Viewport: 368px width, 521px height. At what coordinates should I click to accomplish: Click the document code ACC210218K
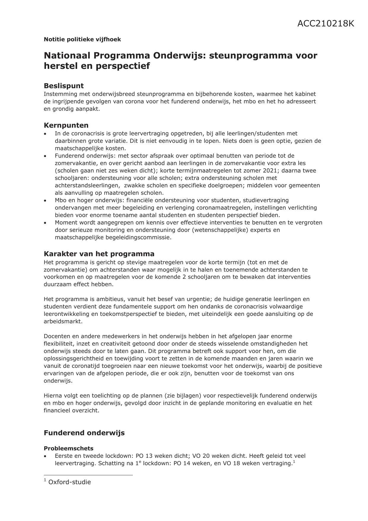(x=326, y=24)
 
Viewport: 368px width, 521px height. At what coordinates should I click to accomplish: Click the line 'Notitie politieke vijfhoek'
(x=82, y=39)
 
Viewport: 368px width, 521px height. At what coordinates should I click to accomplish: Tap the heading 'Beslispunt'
(x=63, y=86)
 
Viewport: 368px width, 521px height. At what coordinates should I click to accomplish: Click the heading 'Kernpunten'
(x=66, y=125)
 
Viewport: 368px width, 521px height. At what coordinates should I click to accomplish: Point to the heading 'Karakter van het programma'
(x=99, y=254)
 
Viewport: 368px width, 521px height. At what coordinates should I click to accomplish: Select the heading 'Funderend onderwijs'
(x=84, y=433)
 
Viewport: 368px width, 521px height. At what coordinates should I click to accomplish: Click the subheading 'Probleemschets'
(x=68, y=448)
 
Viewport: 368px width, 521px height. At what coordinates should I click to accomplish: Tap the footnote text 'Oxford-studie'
(x=69, y=482)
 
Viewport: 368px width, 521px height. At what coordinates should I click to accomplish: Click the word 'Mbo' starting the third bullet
(x=60, y=200)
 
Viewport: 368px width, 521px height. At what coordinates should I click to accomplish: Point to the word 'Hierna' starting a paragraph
(x=53, y=396)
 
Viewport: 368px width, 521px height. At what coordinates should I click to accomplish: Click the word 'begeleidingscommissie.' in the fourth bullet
(x=113, y=237)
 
